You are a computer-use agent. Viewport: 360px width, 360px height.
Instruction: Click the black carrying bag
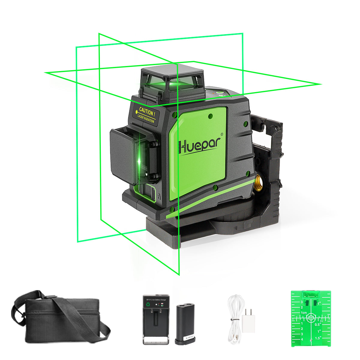point(60,321)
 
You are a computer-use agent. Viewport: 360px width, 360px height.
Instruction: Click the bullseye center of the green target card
point(311,317)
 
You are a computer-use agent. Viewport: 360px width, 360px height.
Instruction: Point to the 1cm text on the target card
point(304,313)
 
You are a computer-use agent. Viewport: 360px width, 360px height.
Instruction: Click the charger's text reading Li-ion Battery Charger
point(158,299)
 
